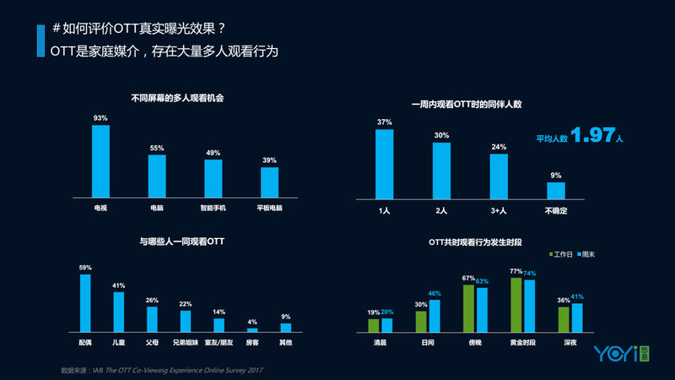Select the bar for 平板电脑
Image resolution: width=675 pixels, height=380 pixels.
[269, 181]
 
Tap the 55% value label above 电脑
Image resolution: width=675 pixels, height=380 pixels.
[157, 148]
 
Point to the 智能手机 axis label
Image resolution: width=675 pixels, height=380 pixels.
[213, 207]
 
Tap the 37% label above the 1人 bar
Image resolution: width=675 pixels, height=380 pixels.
[384, 122]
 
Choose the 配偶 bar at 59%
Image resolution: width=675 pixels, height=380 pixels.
[85, 302]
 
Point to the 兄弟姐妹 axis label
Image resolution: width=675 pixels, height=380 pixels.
[186, 344]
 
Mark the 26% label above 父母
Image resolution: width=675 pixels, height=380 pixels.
[152, 300]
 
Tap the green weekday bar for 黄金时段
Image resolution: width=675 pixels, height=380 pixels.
[516, 304]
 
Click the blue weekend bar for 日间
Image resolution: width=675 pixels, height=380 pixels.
[435, 315]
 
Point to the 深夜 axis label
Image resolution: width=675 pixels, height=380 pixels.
[570, 344]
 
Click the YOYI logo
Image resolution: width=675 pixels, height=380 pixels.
[621, 353]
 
